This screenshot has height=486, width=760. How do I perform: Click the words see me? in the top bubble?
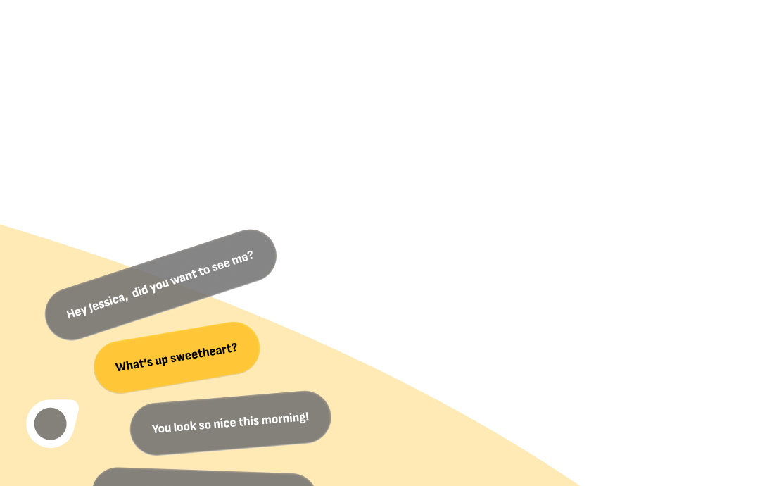(x=232, y=262)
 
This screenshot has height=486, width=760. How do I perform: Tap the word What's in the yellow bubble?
(x=134, y=364)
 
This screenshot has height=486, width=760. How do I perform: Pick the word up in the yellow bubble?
(x=162, y=360)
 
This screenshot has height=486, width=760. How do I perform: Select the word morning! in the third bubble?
(x=285, y=418)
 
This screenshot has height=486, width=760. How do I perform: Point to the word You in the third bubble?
(x=162, y=428)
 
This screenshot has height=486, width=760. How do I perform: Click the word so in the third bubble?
(x=208, y=425)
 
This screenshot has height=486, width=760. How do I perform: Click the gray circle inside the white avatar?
(x=51, y=424)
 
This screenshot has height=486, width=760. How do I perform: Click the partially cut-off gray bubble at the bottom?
(x=204, y=479)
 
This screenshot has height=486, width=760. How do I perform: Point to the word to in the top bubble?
(x=204, y=271)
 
